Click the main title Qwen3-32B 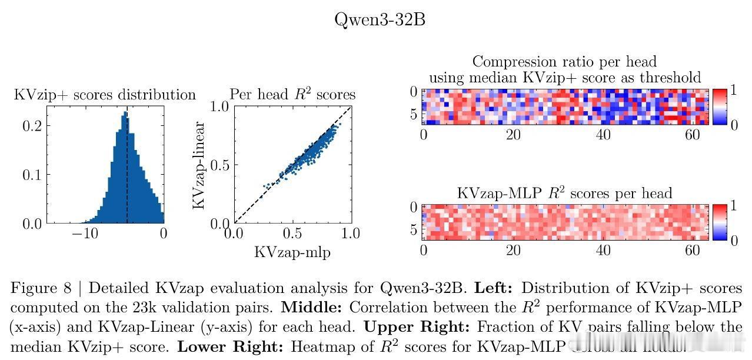pos(380,19)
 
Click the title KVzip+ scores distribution pos(105,95)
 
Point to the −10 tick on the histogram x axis pos(85,234)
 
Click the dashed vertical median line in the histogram pos(127,176)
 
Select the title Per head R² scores pos(292,95)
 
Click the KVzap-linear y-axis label pos(199,165)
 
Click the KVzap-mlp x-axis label pos(292,252)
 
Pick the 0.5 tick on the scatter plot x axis pos(292,234)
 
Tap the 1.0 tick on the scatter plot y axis pos(219,107)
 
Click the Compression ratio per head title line pos(564,62)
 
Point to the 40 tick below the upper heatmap pos(604,135)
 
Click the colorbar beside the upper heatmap pos(720,106)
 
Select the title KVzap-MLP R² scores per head pos(564,193)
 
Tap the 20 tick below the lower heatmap pos(514,250)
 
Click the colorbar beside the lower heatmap pos(720,222)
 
